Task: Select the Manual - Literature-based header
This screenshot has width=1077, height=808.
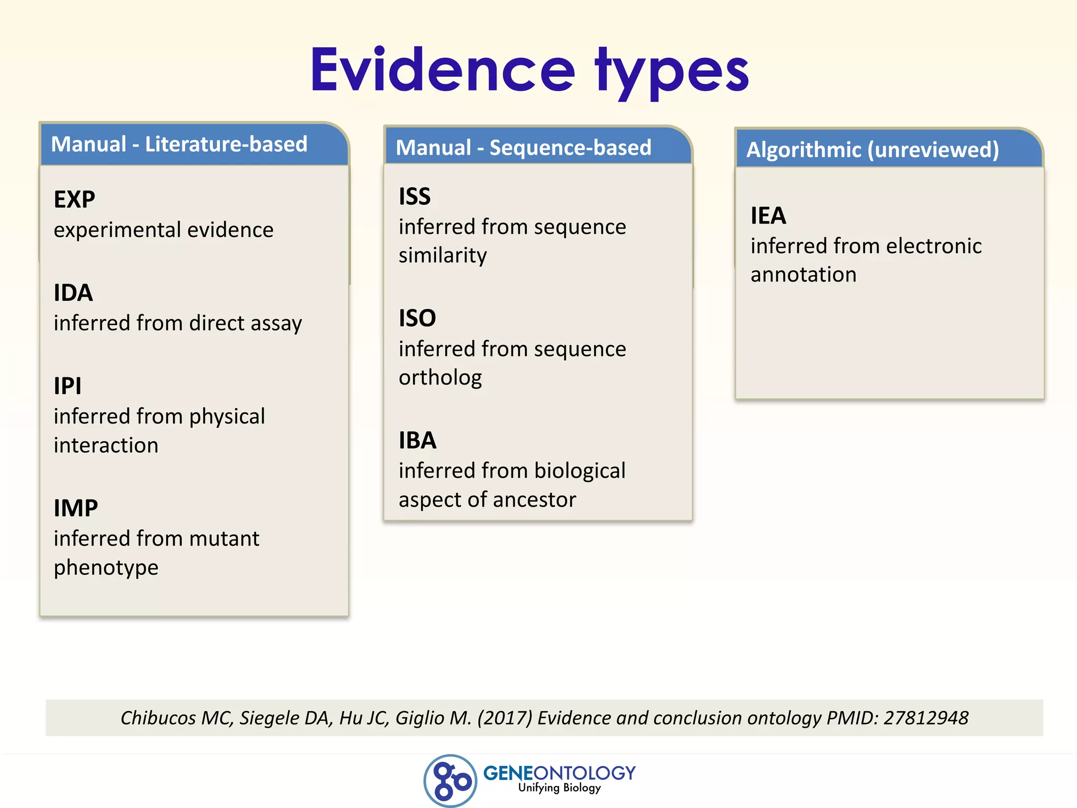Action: coord(179,144)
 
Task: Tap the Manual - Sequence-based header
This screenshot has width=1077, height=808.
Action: coord(523,148)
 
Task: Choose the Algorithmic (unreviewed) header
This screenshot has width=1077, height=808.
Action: coord(872,150)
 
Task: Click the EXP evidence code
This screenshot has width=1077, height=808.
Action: coord(75,199)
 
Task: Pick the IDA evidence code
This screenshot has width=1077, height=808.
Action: coord(74,293)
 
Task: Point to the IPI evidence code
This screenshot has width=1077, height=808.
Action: coord(68,386)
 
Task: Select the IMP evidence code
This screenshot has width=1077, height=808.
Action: coord(76,508)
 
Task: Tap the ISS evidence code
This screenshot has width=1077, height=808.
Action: coord(415,197)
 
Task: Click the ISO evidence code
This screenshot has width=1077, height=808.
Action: coord(418,318)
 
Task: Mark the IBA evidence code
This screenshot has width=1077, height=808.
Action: coord(418,440)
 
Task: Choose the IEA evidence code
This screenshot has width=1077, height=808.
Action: coord(768,216)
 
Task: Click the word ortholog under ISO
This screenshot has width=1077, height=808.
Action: coord(440,378)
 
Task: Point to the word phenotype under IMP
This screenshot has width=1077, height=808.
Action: coord(106,568)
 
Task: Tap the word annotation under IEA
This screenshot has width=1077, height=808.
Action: coord(804,275)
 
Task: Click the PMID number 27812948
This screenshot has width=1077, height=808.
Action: coord(926,718)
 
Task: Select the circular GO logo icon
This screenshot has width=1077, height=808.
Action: coord(450,781)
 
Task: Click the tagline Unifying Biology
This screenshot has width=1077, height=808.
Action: coord(560,787)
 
